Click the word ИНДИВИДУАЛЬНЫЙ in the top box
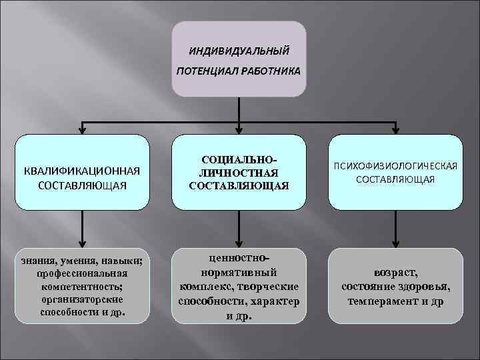pyautogui.click(x=239, y=50)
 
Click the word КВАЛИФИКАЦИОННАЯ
pyautogui.click(x=81, y=169)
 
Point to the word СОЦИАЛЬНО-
pyautogui.click(x=239, y=161)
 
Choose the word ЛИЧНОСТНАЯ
pyautogui.click(x=239, y=173)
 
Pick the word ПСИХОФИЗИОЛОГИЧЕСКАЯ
pyautogui.click(x=397, y=166)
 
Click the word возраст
pyautogui.click(x=396, y=274)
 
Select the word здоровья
pyautogui.click(x=423, y=287)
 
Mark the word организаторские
pyautogui.click(x=79, y=299)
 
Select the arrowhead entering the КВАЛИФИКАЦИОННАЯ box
pyautogui.click(x=81, y=129)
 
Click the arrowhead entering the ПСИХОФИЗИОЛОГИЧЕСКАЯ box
pyautogui.click(x=397, y=129)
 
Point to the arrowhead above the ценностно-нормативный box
pyautogui.click(x=239, y=243)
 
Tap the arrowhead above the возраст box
pyautogui.click(x=397, y=243)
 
